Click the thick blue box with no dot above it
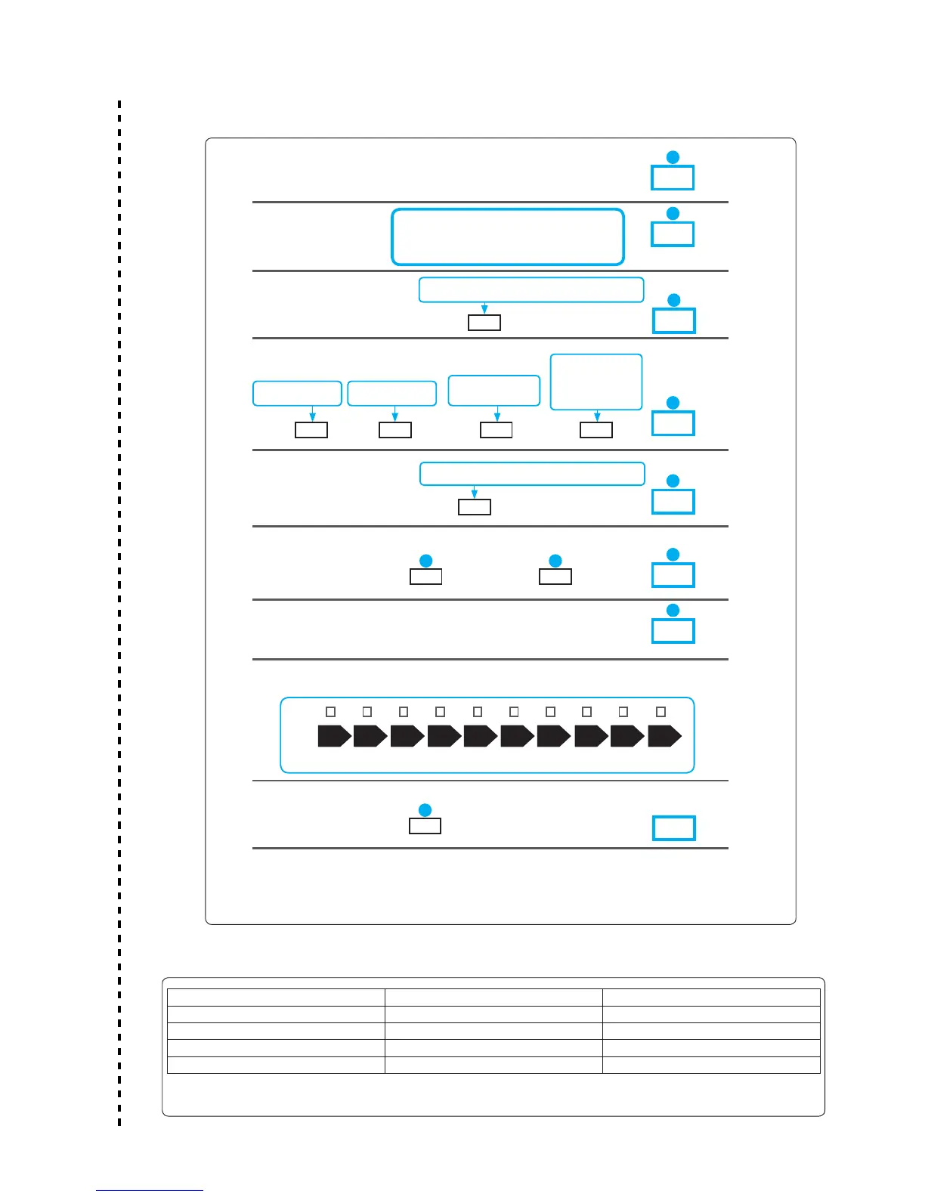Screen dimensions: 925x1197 673,827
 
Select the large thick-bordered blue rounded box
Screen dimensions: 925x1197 507,237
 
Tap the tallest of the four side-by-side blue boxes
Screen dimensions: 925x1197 596,382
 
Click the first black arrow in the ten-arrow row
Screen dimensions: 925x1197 334,736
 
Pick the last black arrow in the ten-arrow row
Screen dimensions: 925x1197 664,736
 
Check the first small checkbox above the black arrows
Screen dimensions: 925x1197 330,712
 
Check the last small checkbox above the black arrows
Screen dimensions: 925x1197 660,712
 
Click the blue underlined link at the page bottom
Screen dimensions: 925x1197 150,1191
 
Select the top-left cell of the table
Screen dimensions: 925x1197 276,998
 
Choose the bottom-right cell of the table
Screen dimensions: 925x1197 711,1065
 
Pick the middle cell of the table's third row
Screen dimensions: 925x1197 493,1032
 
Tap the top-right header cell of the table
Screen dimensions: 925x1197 711,998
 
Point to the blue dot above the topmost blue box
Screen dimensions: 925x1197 673,157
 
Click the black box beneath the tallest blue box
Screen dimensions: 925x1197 596,430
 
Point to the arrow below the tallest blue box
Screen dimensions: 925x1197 597,416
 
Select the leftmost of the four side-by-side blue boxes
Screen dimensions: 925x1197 297,394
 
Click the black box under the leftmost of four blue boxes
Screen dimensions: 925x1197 311,430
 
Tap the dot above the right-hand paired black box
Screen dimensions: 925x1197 555,561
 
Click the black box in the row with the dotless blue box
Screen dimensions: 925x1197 425,826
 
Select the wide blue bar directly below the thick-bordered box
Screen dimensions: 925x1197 531,290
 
